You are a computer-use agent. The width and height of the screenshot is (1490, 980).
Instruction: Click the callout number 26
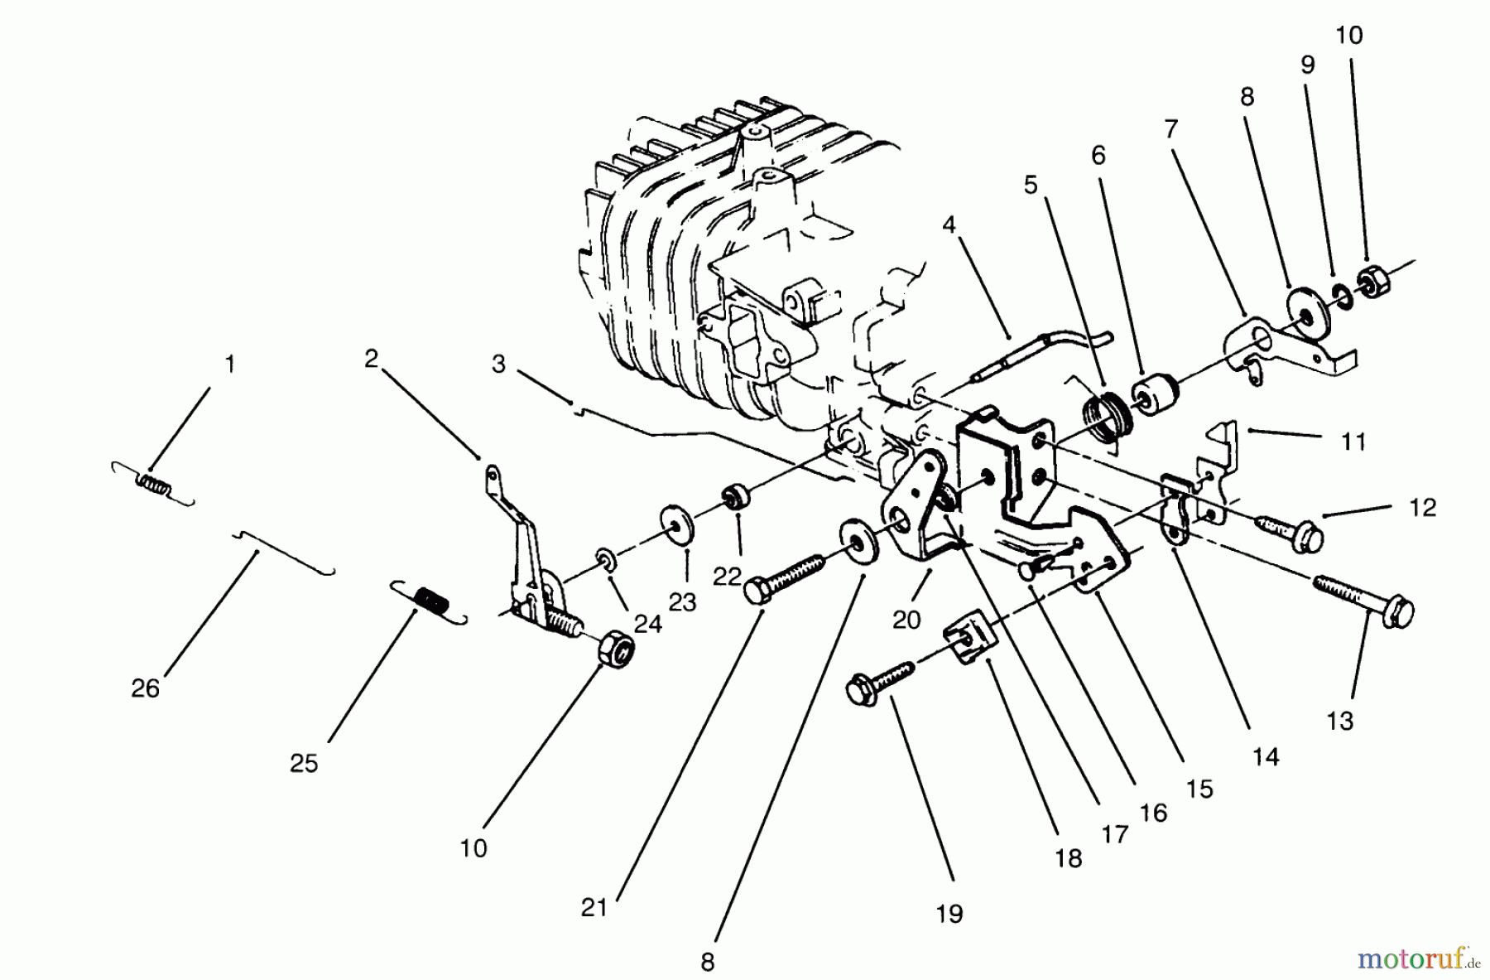point(145,688)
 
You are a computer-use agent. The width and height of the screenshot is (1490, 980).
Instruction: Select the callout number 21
point(594,908)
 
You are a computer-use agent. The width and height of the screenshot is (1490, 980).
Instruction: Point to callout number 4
point(949,224)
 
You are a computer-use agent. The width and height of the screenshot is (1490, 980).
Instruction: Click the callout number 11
point(1353,442)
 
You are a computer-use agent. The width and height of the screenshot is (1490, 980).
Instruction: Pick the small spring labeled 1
point(153,482)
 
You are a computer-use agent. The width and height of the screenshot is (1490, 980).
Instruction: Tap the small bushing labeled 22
point(733,500)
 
